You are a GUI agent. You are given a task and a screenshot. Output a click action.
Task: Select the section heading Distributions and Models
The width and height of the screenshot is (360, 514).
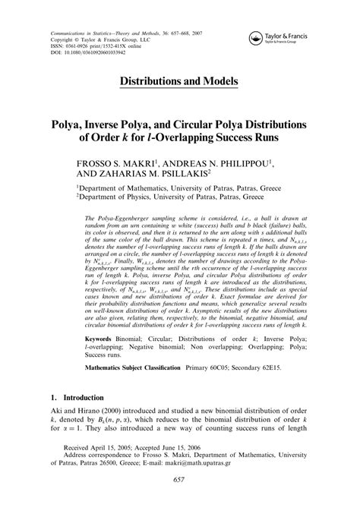coord(180,80)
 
